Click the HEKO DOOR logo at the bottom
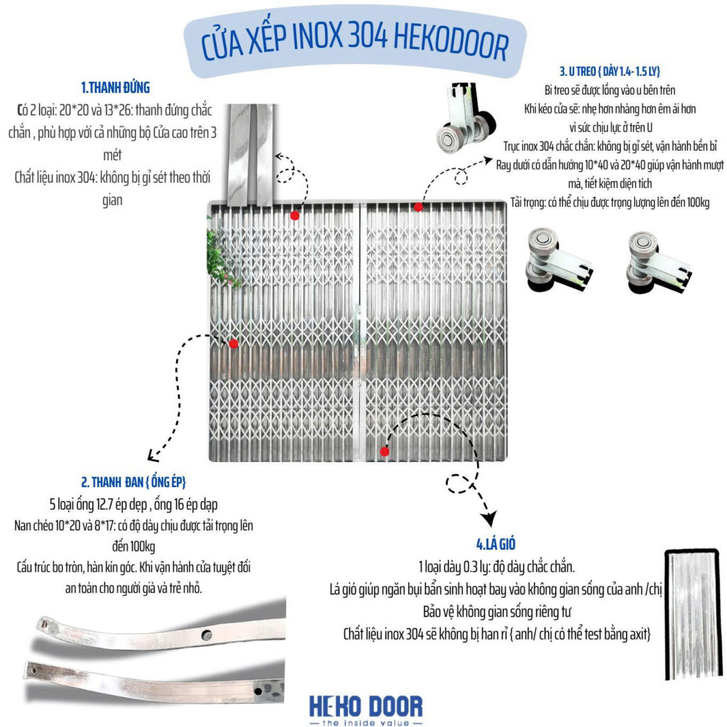(x=366, y=706)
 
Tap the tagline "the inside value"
(x=366, y=722)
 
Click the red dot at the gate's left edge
(x=234, y=344)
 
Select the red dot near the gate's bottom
(x=384, y=451)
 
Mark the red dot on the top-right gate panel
(x=418, y=207)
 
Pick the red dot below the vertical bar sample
(x=295, y=214)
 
